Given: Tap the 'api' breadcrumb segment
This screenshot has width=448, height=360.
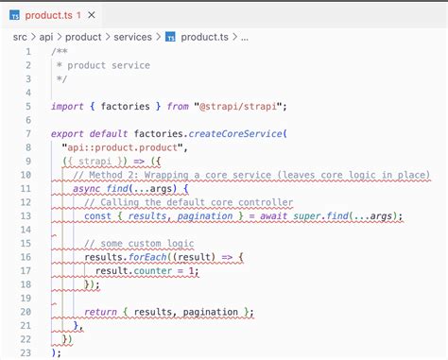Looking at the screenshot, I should tap(45, 37).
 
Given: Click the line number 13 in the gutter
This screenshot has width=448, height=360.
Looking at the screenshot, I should tap(26, 215).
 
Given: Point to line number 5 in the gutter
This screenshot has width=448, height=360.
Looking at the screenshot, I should tap(29, 106).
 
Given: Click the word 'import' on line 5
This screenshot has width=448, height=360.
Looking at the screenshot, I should tap(69, 106).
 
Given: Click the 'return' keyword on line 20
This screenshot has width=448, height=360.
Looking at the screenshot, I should tap(103, 311).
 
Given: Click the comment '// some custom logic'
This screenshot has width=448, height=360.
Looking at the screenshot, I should tap(141, 243).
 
